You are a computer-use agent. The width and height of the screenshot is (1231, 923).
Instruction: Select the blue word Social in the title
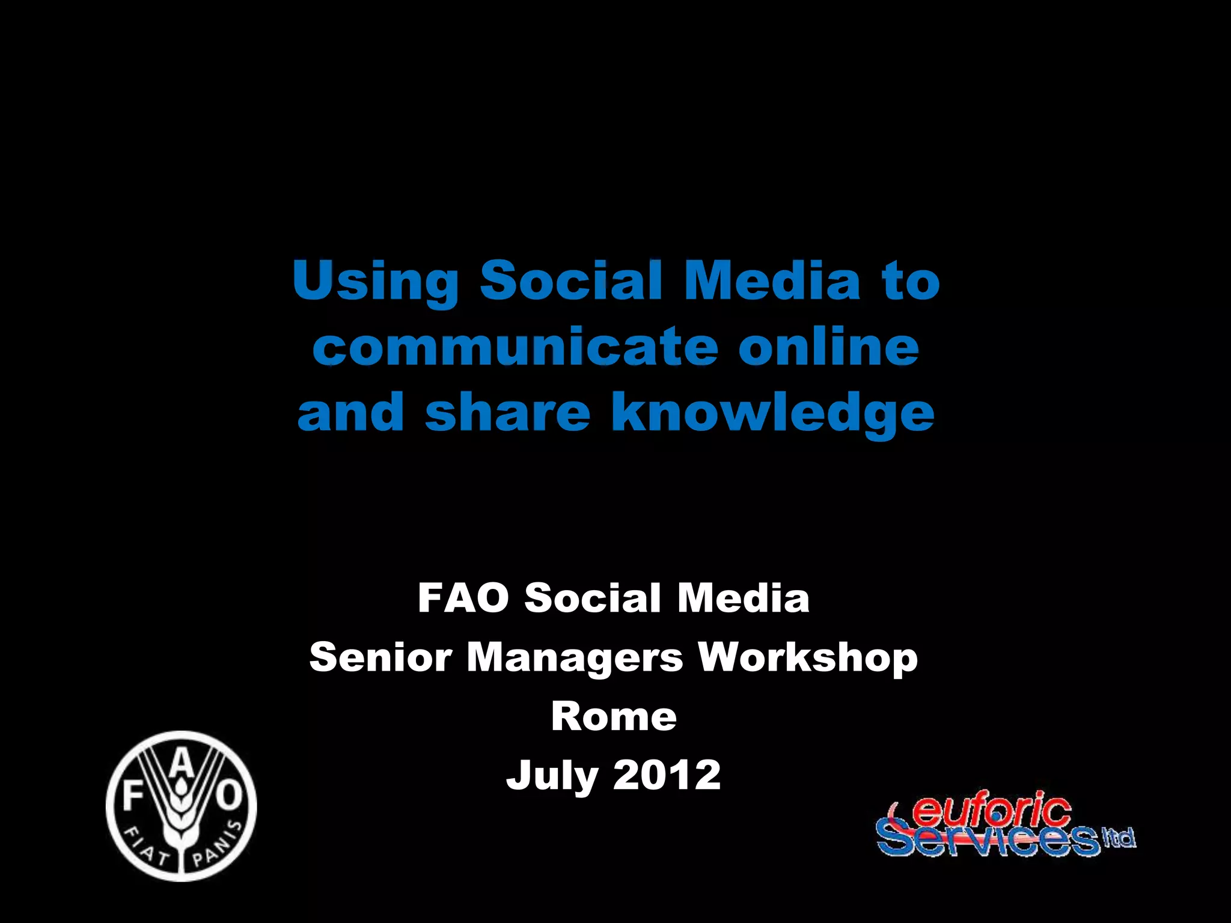click(571, 280)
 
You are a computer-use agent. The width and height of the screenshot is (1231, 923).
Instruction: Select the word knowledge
click(773, 415)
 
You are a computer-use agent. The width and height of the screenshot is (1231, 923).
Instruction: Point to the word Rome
click(614, 717)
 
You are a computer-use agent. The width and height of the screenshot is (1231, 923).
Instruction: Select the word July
click(552, 776)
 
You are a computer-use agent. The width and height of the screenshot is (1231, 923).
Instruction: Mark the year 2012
click(667, 775)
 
